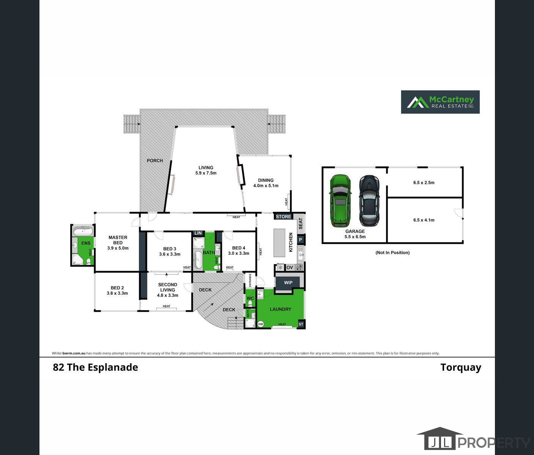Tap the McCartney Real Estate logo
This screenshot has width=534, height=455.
click(440, 102)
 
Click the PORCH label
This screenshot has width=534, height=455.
click(155, 161)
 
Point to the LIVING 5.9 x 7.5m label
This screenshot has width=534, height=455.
click(206, 170)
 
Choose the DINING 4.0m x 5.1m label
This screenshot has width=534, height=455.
click(266, 183)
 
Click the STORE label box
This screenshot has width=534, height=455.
click(284, 217)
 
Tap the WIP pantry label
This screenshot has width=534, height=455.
click(288, 282)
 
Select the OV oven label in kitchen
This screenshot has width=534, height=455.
click(290, 268)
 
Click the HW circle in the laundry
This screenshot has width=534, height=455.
click(261, 324)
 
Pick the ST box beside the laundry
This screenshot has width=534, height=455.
click(301, 325)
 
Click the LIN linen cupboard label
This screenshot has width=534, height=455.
click(198, 233)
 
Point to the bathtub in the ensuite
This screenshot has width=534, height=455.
click(82, 231)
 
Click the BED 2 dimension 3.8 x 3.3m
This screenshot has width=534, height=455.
click(117, 293)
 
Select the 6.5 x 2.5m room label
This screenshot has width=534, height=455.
click(424, 182)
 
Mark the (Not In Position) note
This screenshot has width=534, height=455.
click(392, 253)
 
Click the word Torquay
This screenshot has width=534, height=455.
click(461, 367)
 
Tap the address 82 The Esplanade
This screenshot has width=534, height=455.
click(95, 367)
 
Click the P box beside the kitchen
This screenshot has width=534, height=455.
click(300, 240)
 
